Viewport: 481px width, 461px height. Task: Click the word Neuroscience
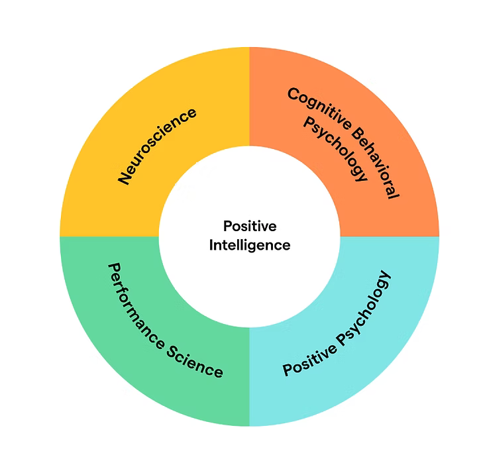coord(157,145)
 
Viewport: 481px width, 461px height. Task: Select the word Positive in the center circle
coord(250,227)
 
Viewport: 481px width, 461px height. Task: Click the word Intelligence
coord(250,244)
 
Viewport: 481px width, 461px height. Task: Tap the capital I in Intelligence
coord(212,244)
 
